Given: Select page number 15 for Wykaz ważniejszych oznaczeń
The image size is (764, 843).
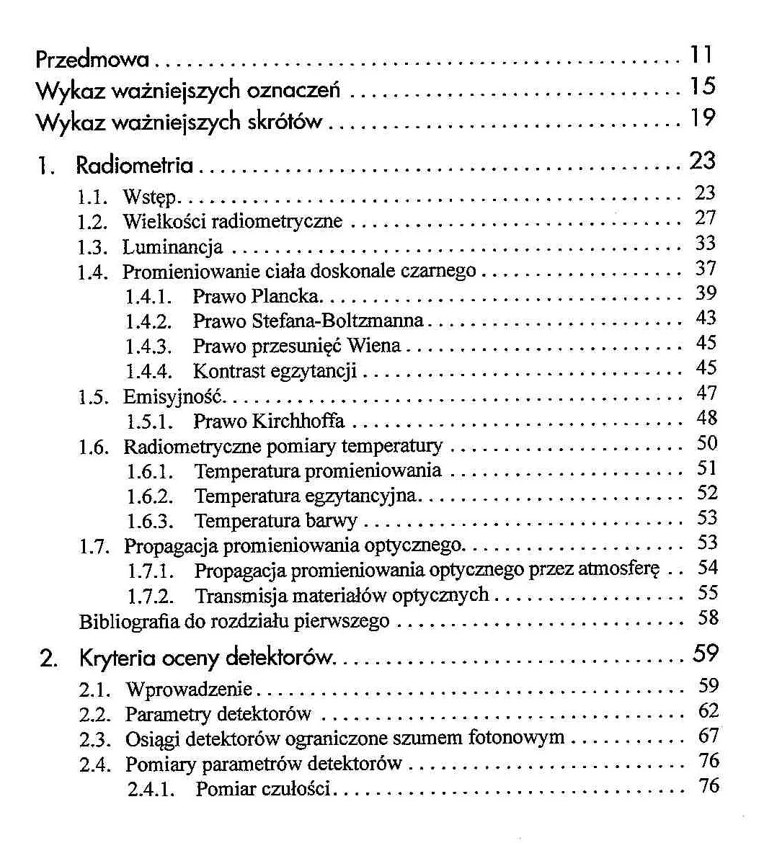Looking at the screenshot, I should (701, 87).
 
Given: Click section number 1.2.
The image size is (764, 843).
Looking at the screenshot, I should (94, 220).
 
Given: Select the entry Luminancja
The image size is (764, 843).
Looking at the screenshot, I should (173, 248).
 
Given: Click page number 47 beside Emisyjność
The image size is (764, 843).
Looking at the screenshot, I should (706, 393).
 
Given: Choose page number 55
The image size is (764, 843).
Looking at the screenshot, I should (708, 594).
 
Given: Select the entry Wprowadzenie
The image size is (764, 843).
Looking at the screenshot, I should (190, 690).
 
